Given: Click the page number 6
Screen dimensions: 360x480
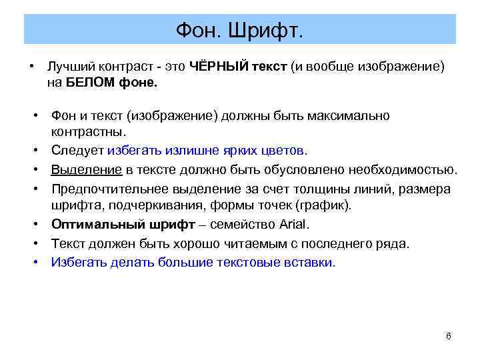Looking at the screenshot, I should (x=448, y=335).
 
